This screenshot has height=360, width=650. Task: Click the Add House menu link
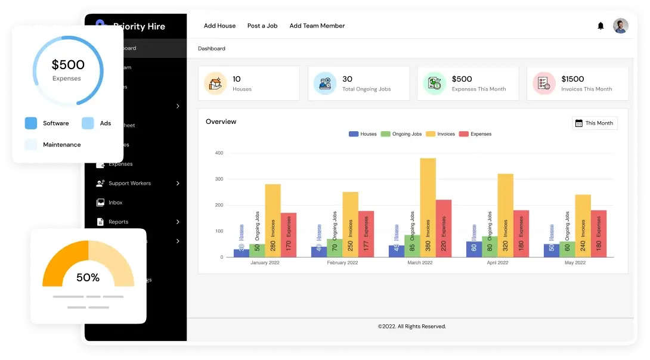(219, 26)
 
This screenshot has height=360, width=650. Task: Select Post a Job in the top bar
(262, 26)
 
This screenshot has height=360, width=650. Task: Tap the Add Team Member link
(317, 26)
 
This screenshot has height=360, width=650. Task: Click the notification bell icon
(601, 26)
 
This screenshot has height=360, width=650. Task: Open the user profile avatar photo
(621, 26)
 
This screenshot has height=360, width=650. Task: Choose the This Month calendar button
(594, 123)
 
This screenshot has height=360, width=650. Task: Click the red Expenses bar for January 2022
(289, 235)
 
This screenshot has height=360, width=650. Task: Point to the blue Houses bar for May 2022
(552, 250)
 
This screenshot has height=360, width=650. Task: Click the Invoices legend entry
(441, 134)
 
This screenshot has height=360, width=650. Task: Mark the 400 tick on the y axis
(219, 153)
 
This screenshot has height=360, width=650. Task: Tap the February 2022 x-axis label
(342, 263)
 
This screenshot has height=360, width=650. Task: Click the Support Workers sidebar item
(129, 183)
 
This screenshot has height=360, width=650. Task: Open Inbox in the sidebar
(115, 203)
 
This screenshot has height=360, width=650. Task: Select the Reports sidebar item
(118, 222)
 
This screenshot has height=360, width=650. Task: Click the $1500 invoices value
(572, 79)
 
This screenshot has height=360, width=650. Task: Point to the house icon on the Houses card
(215, 83)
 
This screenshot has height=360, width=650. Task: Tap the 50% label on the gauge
(88, 277)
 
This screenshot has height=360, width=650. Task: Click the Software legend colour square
(31, 123)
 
